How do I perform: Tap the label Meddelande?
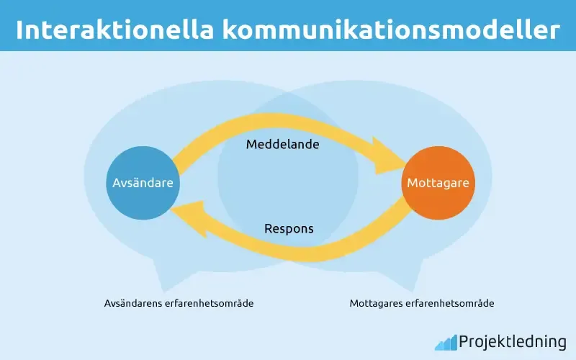pos(282,144)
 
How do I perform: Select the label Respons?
pos(289,229)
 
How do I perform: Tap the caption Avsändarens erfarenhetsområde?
pos(179,303)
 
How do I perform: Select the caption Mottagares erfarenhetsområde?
pos(422,303)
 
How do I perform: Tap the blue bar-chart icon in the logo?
pos(446,342)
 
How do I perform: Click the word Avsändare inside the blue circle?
pos(143,183)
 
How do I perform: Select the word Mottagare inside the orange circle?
pos(438,183)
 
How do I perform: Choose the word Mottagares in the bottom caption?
pos(377,303)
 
